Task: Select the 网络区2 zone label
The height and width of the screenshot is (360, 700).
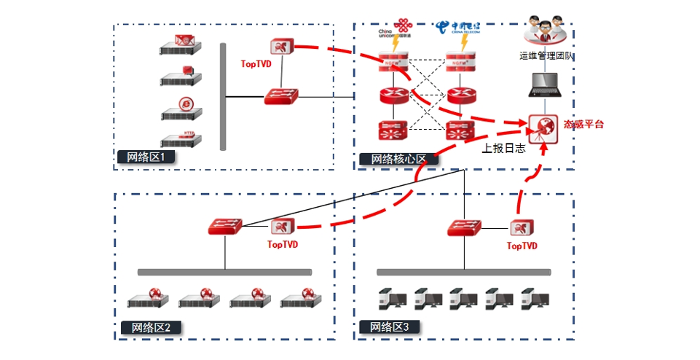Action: [x=148, y=327]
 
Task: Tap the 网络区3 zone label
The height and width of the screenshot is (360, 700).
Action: [x=389, y=327]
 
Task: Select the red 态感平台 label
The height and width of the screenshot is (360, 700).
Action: [x=583, y=125]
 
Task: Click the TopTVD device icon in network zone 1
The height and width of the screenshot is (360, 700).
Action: [x=280, y=47]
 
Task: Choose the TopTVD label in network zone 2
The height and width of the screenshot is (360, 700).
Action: [x=283, y=245]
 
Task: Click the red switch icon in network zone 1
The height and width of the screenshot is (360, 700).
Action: [x=281, y=95]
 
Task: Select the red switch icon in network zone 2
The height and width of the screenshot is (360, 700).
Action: [x=224, y=226]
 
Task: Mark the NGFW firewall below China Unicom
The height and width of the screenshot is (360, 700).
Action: [x=393, y=65]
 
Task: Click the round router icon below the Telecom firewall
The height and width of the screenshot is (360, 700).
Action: [x=461, y=95]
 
